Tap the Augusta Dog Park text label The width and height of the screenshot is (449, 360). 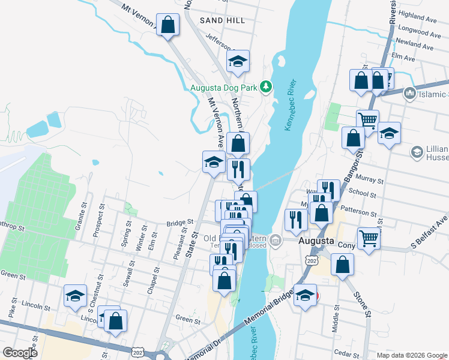coord(223,88)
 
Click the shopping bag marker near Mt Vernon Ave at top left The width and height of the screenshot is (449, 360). coord(168,25)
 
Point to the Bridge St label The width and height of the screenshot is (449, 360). coord(181,223)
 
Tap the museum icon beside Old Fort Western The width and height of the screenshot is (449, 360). coord(275,241)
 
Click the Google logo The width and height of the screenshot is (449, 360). coord(20,353)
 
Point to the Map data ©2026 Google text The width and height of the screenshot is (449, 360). coord(412,355)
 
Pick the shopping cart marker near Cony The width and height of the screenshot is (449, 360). coord(369,238)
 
